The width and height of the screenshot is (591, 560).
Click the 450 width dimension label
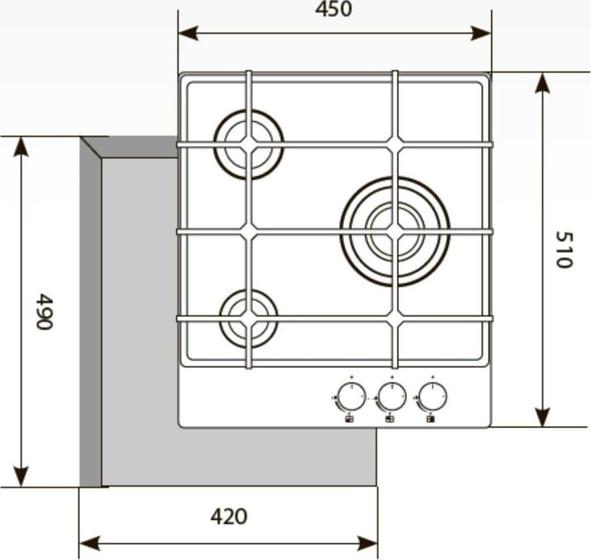pos(333,9)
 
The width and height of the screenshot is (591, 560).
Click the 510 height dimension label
pos(564,250)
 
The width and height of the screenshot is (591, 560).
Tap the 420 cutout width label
pos(229,517)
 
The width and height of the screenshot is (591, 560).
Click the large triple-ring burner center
pos(395,231)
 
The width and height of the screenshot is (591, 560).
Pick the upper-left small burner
pos(249,144)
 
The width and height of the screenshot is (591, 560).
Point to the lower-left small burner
pos(249,318)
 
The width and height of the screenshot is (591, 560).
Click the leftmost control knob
pos(352,396)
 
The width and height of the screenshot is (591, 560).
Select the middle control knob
pos(392,396)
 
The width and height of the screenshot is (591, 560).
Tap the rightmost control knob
pos(433,396)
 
